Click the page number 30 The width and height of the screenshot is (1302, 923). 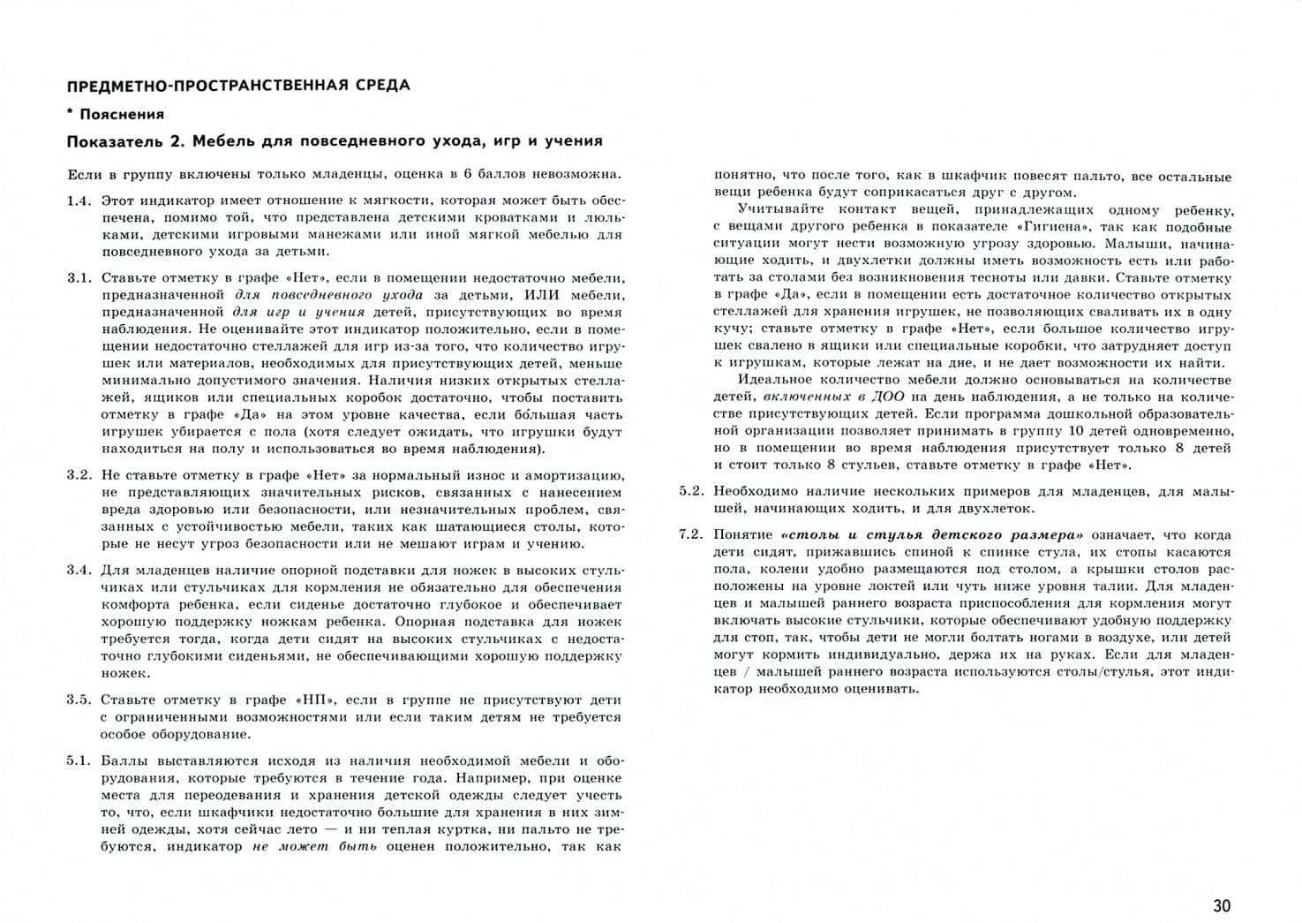pyautogui.click(x=1222, y=905)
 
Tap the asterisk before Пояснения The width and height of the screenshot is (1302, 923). pyautogui.click(x=70, y=113)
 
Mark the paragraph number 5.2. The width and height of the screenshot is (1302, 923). pyautogui.click(x=691, y=491)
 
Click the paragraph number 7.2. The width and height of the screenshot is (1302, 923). pyautogui.click(x=691, y=534)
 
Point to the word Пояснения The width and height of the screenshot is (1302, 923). pyautogui.click(x=122, y=114)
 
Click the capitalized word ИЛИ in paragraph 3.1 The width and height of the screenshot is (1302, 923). pyautogui.click(x=541, y=295)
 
